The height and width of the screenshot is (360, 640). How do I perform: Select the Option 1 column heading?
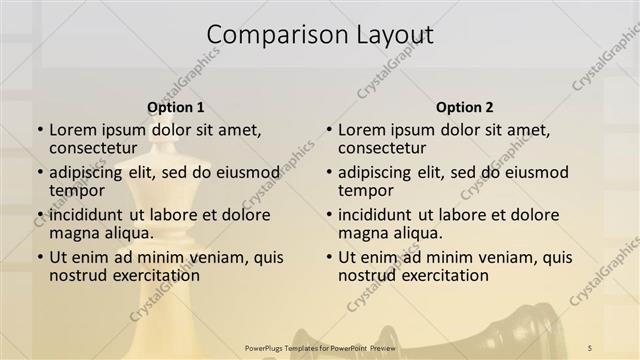tap(176, 107)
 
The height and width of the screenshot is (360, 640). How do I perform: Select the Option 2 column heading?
tap(465, 107)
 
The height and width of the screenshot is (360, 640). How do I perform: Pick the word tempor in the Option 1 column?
tap(76, 190)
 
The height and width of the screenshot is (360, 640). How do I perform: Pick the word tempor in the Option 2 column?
tap(365, 190)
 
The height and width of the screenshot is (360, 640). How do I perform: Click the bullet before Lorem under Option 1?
tap(39, 130)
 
